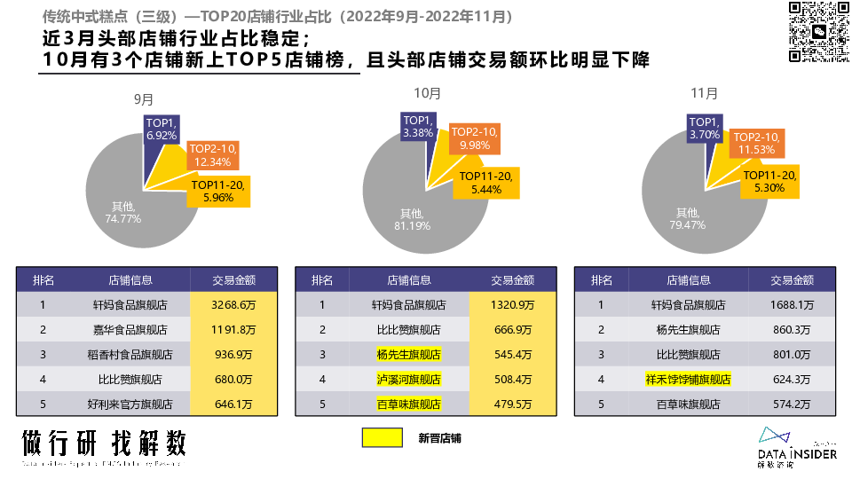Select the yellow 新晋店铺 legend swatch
pyautogui.click(x=383, y=437)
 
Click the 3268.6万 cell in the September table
pyautogui.click(x=233, y=304)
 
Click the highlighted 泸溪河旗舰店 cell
pyautogui.click(x=409, y=379)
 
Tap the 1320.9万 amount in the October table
pyautogui.click(x=512, y=304)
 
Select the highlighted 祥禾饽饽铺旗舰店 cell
pyautogui.click(x=688, y=379)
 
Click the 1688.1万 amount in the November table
pyautogui.click(x=792, y=304)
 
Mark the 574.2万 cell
pyautogui.click(x=792, y=404)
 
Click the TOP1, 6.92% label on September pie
pyautogui.click(x=162, y=129)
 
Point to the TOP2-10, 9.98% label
pyautogui.click(x=475, y=137)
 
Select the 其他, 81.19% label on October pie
pyautogui.click(x=412, y=219)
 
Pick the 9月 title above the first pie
pyautogui.click(x=143, y=98)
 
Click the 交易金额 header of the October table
pyautogui.click(x=512, y=279)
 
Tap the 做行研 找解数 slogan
pyautogui.click(x=104, y=443)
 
